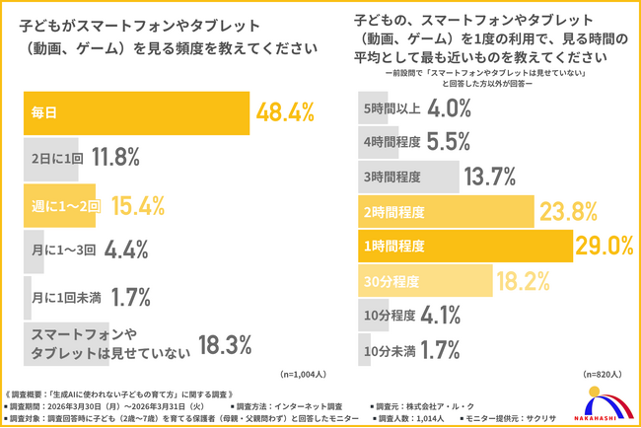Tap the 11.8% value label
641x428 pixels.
(115, 156)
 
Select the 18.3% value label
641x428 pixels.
(233, 344)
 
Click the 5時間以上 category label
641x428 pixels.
(392, 107)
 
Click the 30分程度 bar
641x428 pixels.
(425, 281)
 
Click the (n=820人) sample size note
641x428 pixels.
(605, 374)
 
